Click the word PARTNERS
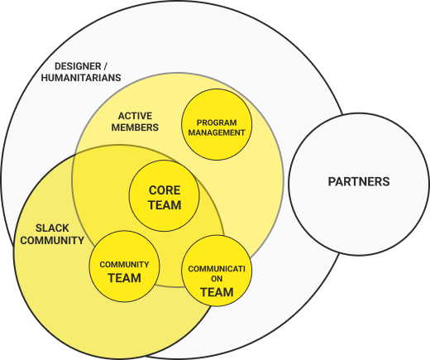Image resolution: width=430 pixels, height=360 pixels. tap(359, 181)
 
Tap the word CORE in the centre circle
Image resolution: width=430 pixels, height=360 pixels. tap(165, 190)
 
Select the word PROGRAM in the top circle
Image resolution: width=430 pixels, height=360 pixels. tap(217, 122)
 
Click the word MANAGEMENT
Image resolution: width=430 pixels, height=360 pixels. tap(217, 132)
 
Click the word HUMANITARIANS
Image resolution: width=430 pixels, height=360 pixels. tap(81, 78)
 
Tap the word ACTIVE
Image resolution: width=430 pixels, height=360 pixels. tap(135, 116)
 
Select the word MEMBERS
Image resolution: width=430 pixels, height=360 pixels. tap(135, 127)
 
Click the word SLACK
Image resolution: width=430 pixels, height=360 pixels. tap(52, 228)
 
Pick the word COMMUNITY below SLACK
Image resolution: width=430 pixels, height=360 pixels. tap(52, 241)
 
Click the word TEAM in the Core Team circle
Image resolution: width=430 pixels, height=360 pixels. tap(165, 205)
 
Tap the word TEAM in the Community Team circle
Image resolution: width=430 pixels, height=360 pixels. tap(124, 278)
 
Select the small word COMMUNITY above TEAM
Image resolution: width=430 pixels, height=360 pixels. tap(124, 265)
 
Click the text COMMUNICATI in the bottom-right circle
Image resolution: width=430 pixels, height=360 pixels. tap(217, 269)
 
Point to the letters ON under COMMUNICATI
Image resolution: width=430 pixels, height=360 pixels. tap(217, 279)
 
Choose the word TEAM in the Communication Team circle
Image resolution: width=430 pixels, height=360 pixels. tap(217, 292)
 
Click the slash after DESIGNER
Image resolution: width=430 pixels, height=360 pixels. tap(105, 66)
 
